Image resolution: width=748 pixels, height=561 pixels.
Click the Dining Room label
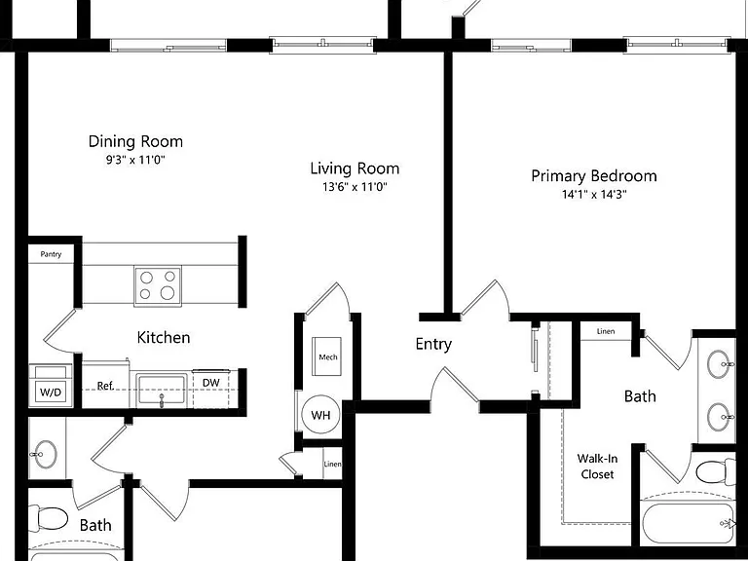click(135, 141)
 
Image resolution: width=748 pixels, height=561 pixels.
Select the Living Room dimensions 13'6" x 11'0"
click(355, 187)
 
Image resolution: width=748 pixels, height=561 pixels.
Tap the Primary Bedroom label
click(594, 176)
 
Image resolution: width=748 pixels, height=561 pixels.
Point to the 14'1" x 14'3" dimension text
click(594, 194)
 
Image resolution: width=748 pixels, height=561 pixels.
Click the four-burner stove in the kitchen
click(158, 285)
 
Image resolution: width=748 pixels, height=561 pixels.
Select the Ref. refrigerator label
click(105, 386)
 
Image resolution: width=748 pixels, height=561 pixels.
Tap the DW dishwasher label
click(210, 383)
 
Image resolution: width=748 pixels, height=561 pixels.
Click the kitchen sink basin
click(162, 391)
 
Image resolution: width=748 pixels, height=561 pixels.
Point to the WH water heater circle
click(320, 415)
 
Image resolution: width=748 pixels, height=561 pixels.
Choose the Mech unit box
click(327, 356)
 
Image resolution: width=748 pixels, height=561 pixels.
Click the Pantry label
click(51, 254)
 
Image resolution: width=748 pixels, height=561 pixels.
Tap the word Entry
click(433, 345)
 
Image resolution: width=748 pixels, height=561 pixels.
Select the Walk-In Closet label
click(597, 467)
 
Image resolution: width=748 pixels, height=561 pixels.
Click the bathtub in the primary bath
click(688, 523)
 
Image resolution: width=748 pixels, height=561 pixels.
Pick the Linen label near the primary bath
click(606, 331)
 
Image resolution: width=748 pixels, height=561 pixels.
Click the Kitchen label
click(164, 338)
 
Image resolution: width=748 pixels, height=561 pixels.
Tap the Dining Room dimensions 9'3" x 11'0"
click(135, 160)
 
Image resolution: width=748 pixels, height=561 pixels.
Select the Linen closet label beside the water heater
click(332, 464)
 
